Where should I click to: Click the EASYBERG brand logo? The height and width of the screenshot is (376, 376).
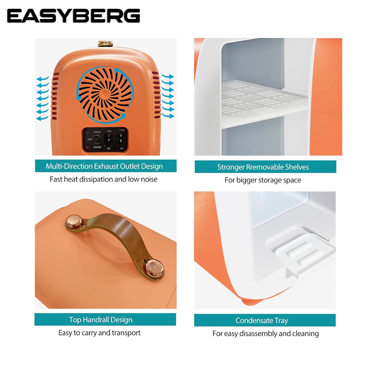[x=73, y=16]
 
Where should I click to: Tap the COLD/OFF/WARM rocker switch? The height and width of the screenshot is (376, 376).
[x=96, y=139]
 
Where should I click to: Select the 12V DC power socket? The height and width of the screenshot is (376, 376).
[x=109, y=139]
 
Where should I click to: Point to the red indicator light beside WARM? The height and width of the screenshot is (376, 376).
[x=88, y=148]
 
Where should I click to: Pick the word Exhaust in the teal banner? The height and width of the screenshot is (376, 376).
[x=106, y=166]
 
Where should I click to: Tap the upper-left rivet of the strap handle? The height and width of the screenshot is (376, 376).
[x=74, y=222]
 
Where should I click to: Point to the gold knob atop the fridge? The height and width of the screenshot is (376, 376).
[x=105, y=44]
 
